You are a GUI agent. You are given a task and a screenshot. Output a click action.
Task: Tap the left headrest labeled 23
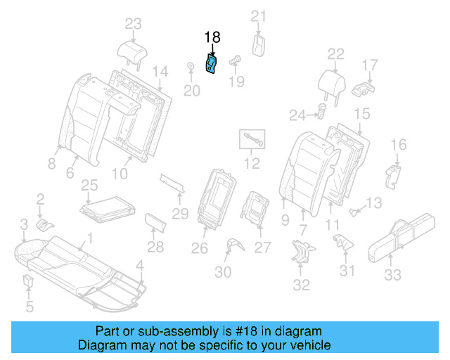(x=133, y=51)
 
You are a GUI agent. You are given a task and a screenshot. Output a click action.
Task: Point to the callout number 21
(x=259, y=16)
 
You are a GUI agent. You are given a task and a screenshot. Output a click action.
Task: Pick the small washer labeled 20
(x=191, y=68)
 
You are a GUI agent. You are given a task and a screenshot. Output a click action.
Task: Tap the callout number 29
(x=181, y=213)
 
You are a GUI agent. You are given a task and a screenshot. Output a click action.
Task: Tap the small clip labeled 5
(x=28, y=283)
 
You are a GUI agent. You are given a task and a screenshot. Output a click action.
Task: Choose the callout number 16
(x=398, y=145)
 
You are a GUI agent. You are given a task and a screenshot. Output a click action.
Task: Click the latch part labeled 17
(x=364, y=89)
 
